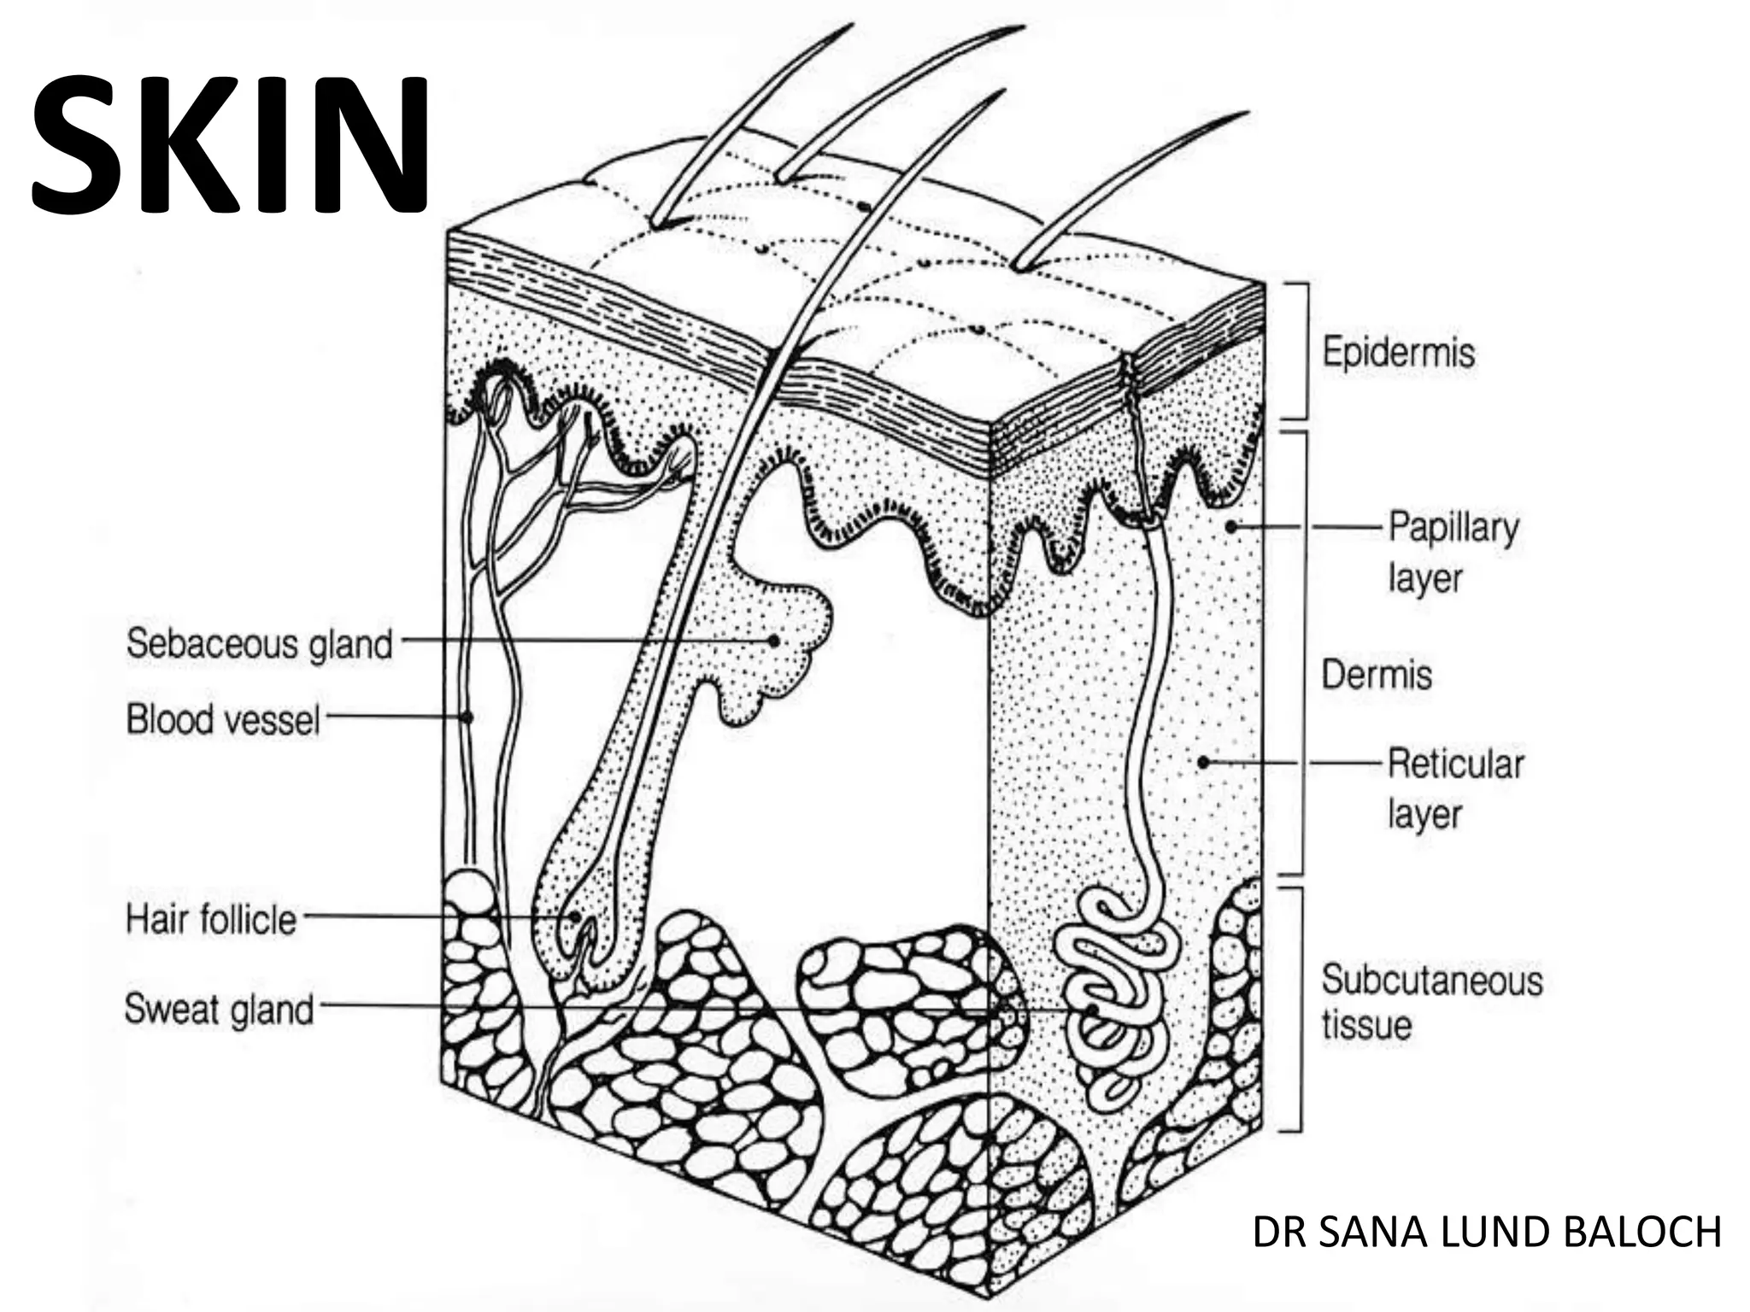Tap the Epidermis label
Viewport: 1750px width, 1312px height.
click(x=1399, y=352)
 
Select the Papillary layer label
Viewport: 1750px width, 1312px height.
click(x=1453, y=552)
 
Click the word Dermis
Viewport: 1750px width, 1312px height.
click(x=1377, y=675)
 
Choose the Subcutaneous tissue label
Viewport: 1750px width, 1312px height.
click(x=1431, y=1002)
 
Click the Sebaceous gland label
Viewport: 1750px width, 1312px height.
click(x=260, y=643)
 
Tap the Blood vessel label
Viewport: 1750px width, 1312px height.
click(x=223, y=718)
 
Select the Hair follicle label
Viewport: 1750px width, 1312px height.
click(x=211, y=920)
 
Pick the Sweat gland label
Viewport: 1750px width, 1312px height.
click(x=220, y=1009)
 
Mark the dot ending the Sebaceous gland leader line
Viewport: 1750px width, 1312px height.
click(x=774, y=640)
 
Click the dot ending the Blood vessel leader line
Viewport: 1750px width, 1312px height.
click(x=467, y=717)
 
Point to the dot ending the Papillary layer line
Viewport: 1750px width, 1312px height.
click(x=1231, y=527)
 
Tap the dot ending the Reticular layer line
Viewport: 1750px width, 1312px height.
click(x=1203, y=762)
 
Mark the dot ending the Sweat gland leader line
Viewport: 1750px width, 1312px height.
click(x=1093, y=1010)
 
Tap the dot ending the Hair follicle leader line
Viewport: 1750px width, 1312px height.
click(x=578, y=918)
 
